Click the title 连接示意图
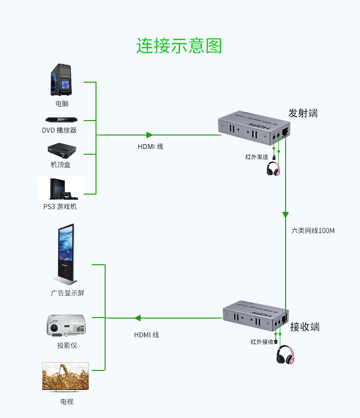tap(179, 46)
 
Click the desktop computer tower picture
tap(61, 80)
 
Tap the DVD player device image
tap(61, 120)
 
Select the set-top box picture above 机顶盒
tap(62, 150)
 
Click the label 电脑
tap(62, 103)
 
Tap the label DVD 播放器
tap(59, 130)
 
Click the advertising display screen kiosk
tap(66, 254)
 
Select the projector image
tap(66, 325)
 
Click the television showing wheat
tap(65, 377)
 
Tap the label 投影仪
tap(67, 345)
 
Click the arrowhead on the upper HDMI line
tap(149, 135)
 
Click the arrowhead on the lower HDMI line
tap(137, 318)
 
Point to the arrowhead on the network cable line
tap(286, 215)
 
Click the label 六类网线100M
tap(313, 231)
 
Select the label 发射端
tap(303, 113)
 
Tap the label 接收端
tap(305, 327)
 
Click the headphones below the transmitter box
tap(273, 169)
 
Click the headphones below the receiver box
tap(285, 355)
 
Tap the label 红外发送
tap(257, 157)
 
